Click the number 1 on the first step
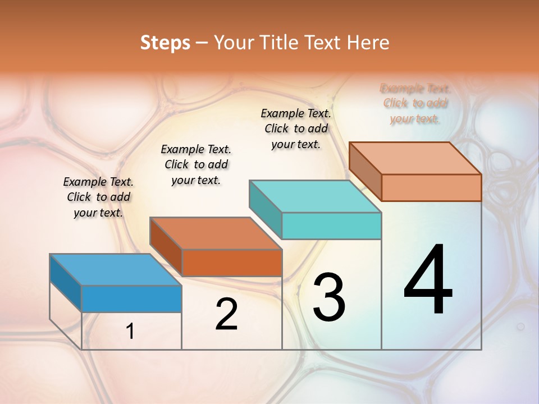(x=130, y=332)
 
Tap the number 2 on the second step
(x=226, y=314)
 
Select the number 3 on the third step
(x=329, y=297)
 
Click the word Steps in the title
(x=165, y=43)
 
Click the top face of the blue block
(x=115, y=269)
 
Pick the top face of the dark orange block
(x=215, y=233)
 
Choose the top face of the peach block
(x=415, y=158)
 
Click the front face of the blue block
(x=131, y=299)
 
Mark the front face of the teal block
(x=331, y=226)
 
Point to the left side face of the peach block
(x=365, y=172)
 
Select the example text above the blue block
(x=98, y=197)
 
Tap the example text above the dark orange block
(x=196, y=164)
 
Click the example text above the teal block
(x=296, y=128)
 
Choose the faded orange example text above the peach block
(x=415, y=103)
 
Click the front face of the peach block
(x=431, y=187)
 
